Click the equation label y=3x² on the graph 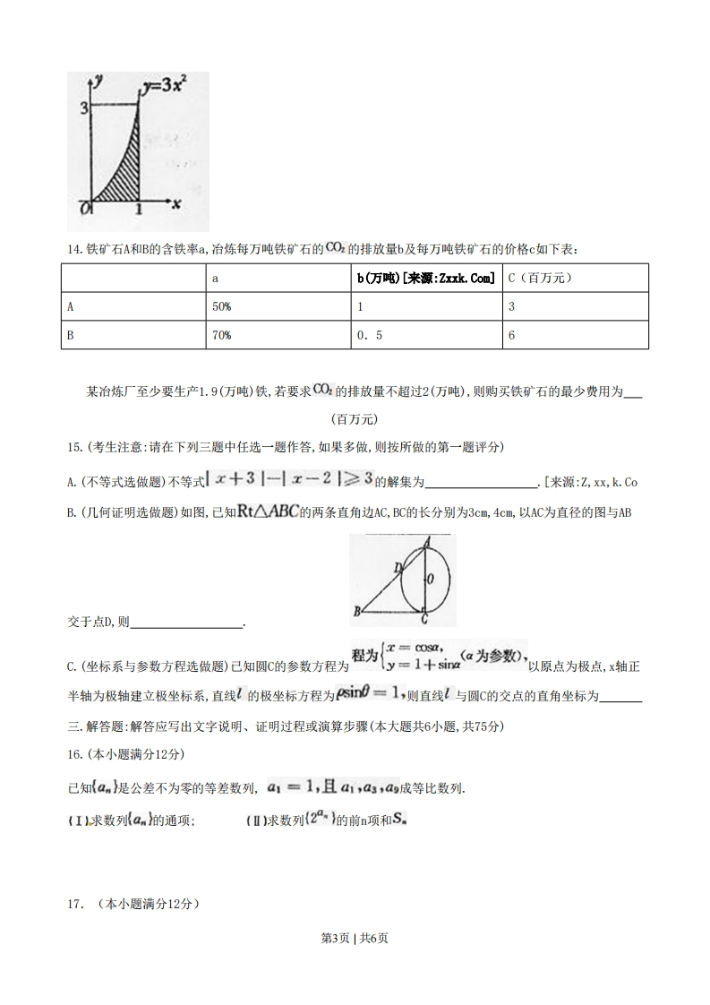click(x=162, y=88)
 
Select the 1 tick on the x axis click(x=139, y=210)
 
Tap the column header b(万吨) click(x=426, y=279)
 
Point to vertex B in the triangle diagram click(x=356, y=612)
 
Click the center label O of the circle click(x=431, y=580)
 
